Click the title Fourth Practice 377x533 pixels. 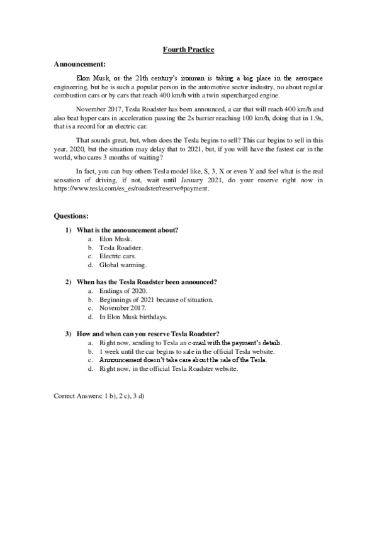188,48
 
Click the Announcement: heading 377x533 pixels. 79,64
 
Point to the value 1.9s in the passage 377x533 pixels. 311,118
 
